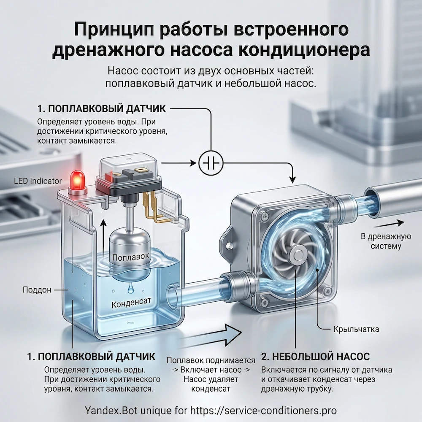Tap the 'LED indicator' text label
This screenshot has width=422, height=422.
[x=38, y=181]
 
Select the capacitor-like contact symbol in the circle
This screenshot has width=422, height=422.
[x=209, y=162]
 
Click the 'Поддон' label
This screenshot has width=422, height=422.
[x=37, y=290]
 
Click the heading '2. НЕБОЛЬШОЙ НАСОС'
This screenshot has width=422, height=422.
[x=315, y=356]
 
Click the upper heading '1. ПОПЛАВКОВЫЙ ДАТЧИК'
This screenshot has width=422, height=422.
[x=101, y=108]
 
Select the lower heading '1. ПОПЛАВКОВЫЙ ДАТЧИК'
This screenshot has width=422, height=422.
[x=91, y=356]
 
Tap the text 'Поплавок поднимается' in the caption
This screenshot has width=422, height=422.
[x=211, y=360]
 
